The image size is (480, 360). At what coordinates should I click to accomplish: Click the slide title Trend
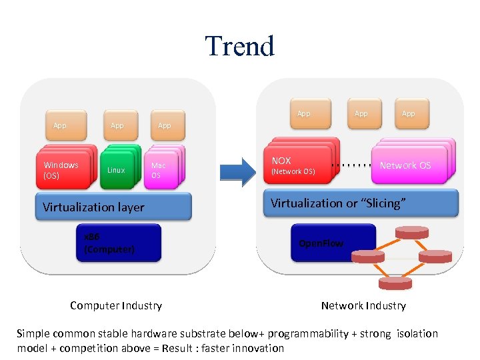tap(239, 46)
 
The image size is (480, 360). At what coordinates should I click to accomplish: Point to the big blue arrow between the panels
tap(237, 171)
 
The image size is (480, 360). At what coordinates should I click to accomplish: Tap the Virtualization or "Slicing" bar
tap(364, 203)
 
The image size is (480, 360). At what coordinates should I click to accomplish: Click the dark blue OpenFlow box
tap(333, 243)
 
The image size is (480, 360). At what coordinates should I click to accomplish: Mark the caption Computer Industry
tap(116, 305)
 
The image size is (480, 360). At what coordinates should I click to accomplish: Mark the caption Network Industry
tap(363, 305)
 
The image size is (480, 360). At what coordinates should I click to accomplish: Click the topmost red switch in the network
tap(411, 232)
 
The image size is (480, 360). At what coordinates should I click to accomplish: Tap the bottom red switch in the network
tap(394, 283)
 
